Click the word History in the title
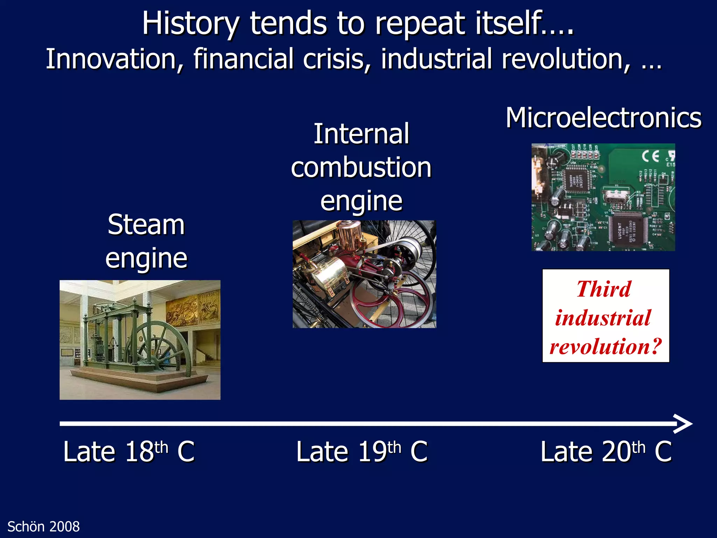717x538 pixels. [x=191, y=24]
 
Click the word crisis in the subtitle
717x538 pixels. [x=337, y=59]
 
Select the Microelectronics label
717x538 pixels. [x=603, y=118]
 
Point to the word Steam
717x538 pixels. [x=146, y=225]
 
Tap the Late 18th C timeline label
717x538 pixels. [x=128, y=451]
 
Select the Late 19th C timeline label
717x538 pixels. [x=362, y=451]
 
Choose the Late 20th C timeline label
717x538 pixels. [x=606, y=451]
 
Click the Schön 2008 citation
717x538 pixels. [x=43, y=527]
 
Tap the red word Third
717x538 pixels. [x=604, y=289]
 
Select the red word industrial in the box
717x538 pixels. [x=603, y=318]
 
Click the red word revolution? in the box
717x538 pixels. [x=606, y=346]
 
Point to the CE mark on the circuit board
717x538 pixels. [x=650, y=156]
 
